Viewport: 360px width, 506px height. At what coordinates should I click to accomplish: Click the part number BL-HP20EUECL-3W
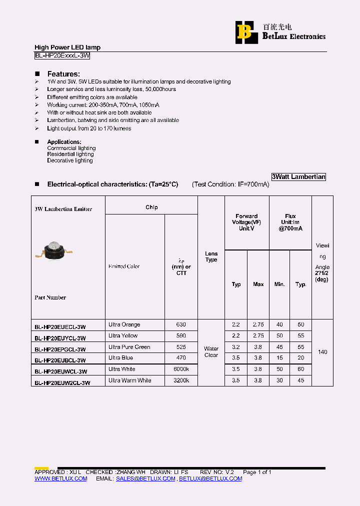click(60, 327)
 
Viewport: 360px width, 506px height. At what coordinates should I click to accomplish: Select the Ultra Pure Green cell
click(129, 347)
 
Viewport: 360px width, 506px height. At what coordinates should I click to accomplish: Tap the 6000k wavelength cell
click(181, 369)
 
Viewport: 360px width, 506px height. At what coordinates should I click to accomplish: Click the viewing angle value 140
click(322, 352)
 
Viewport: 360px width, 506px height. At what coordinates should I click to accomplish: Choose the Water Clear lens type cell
click(211, 352)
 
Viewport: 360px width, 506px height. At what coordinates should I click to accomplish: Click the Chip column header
click(151, 207)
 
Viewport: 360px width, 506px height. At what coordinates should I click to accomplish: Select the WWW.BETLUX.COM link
click(60, 478)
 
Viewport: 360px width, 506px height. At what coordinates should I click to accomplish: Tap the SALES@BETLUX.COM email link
click(145, 478)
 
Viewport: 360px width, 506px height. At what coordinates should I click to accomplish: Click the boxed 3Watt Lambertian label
click(298, 177)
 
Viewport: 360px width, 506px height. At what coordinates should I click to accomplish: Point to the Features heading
click(63, 74)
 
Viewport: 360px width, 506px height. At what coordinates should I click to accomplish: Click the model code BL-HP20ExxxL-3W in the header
click(62, 56)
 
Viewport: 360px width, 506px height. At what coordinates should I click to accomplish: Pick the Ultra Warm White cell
click(129, 380)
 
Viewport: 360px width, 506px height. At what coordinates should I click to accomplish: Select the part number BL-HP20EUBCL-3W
click(60, 360)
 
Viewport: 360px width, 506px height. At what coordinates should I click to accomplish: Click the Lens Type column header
click(211, 257)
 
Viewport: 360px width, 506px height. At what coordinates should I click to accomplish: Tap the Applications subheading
click(64, 142)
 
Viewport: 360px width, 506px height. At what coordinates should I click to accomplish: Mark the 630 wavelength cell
click(181, 324)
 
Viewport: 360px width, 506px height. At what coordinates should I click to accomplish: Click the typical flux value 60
click(300, 369)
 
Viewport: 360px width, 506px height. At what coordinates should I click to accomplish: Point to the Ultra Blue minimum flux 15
click(279, 358)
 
